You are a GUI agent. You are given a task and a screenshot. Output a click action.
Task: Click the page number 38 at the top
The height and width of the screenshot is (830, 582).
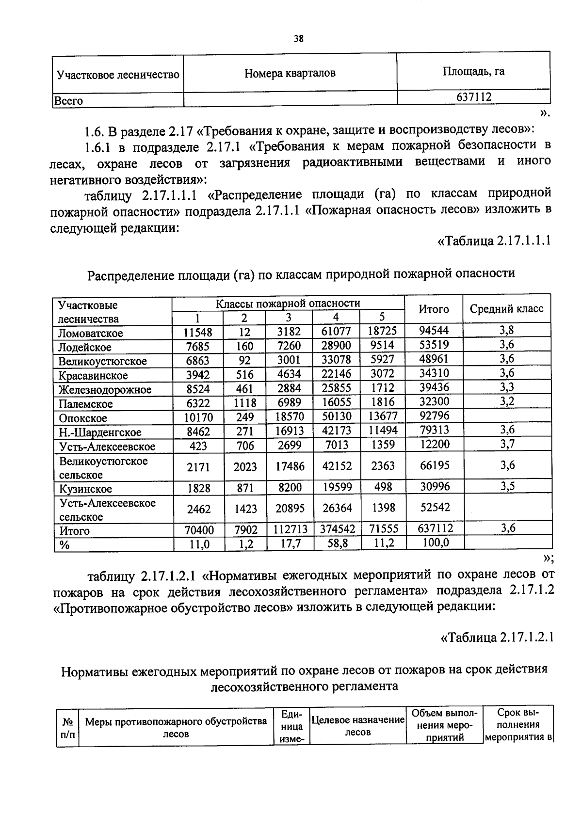point(298,39)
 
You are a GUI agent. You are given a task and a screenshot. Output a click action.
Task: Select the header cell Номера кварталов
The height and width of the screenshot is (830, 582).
point(290,73)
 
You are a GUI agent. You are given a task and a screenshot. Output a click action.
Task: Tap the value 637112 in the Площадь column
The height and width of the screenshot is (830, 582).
point(473,97)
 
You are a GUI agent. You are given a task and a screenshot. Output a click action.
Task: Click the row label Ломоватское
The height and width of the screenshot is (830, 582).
point(90,333)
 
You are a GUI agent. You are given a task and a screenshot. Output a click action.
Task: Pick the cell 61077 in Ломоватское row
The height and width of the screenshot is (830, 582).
point(336,332)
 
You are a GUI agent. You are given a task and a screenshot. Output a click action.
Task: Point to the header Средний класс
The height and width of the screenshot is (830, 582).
point(507,309)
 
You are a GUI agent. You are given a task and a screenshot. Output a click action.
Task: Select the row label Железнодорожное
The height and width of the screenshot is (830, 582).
point(105,390)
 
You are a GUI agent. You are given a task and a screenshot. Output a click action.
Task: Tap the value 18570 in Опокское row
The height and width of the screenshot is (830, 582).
point(289,417)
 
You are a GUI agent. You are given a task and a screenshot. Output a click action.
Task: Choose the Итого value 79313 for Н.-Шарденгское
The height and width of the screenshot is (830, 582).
point(434,430)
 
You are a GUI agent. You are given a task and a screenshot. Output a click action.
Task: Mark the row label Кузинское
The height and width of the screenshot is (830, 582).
point(85,489)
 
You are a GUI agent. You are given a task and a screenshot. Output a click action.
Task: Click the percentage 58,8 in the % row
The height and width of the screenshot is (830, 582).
point(337,544)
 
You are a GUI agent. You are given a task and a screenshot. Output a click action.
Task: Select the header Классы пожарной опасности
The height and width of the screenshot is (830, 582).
point(288,303)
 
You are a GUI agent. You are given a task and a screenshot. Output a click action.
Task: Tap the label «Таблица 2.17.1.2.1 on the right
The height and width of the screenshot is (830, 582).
point(497,637)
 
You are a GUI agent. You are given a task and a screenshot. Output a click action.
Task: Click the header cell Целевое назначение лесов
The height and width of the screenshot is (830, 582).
point(357,726)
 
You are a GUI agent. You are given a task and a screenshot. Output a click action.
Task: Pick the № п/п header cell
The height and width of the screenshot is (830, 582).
point(67,727)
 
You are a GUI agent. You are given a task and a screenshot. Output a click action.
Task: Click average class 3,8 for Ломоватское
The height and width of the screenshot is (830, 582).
point(507,331)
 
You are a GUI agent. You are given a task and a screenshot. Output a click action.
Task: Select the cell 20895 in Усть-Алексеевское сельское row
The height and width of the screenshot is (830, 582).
point(289,508)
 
